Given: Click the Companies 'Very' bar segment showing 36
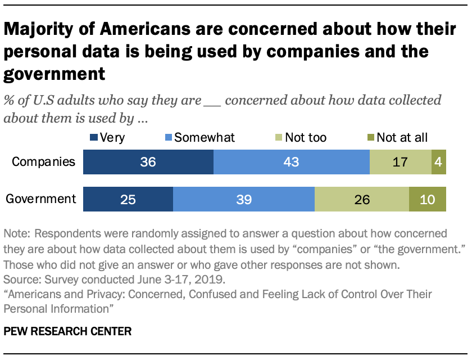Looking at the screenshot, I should (x=148, y=163).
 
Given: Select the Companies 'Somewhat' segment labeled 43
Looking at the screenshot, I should (x=291, y=163).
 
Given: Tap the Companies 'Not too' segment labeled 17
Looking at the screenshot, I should (x=400, y=163).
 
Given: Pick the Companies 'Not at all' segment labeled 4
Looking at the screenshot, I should (x=438, y=163).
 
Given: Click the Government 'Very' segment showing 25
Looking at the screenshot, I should (x=128, y=199).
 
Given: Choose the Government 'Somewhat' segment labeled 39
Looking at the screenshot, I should (x=243, y=199).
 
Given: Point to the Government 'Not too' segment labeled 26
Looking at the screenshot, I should (x=361, y=199).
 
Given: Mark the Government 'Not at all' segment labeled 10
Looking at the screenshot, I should (x=428, y=199).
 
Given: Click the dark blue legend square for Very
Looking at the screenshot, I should (x=94, y=137).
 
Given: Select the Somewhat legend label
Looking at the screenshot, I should (x=205, y=137).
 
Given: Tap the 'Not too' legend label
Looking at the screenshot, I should (x=306, y=137).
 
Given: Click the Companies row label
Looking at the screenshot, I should (x=44, y=162).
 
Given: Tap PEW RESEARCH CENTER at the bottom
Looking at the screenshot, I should (x=67, y=332).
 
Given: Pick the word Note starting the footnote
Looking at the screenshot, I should (x=16, y=233).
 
